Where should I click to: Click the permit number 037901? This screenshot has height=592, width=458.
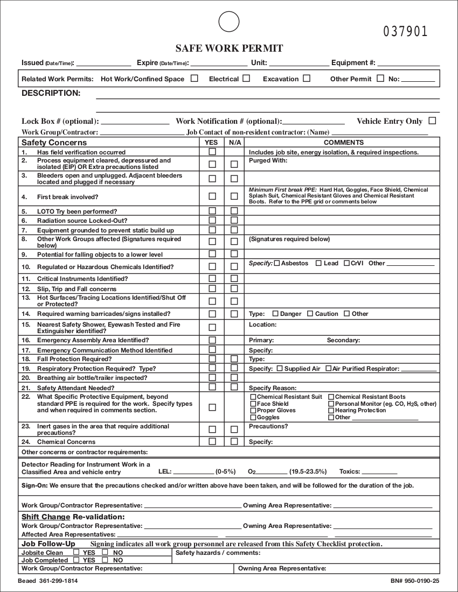[406, 32]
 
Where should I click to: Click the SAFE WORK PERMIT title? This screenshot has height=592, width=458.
[229, 48]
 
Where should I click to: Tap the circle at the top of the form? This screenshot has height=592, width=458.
[228, 22]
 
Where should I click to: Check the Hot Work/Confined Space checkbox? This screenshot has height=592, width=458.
[195, 79]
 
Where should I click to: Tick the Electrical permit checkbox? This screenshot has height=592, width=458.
[246, 79]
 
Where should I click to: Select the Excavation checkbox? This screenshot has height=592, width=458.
[307, 79]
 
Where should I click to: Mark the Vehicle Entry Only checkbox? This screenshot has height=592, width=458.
[432, 121]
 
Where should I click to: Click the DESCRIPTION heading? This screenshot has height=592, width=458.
[51, 93]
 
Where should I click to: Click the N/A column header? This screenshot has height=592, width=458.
[234, 143]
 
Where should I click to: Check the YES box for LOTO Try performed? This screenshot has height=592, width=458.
[212, 211]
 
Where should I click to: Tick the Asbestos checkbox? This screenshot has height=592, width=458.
[277, 264]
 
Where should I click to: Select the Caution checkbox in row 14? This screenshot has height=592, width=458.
[310, 314]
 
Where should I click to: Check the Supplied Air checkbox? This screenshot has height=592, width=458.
[280, 369]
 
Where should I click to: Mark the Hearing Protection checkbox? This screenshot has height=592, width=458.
[331, 411]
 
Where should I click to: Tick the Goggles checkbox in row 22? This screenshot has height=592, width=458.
[253, 418]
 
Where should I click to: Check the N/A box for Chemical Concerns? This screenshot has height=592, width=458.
[234, 442]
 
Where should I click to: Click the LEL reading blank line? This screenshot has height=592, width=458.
[193, 472]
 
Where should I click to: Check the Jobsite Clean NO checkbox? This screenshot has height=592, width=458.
[105, 552]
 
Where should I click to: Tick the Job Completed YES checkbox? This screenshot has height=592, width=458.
[76, 560]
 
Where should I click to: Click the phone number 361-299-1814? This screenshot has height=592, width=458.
[62, 581]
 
